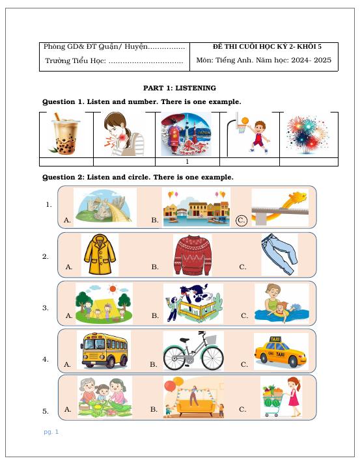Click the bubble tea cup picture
[x=66, y=134]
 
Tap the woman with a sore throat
[x=124, y=134]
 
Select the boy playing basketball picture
[x=251, y=134]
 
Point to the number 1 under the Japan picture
[x=187, y=162]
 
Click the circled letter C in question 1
[x=242, y=220]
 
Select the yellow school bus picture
[x=103, y=351]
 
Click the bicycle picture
[x=193, y=351]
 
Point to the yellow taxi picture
[x=281, y=351]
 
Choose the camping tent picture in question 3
[x=104, y=303]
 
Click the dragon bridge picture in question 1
[x=279, y=207]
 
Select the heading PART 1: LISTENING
[x=180, y=88]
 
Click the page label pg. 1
[x=51, y=432]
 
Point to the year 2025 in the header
[x=322, y=60]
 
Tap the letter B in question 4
[x=154, y=365]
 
